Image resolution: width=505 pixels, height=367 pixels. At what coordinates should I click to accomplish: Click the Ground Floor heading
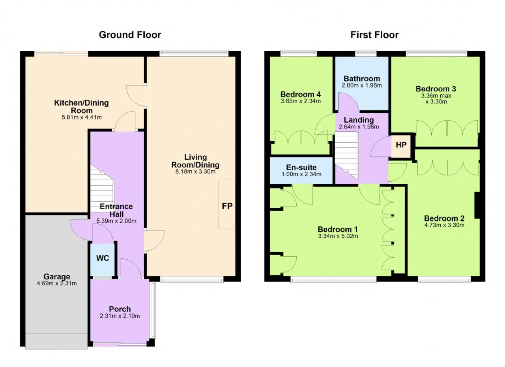[x=130, y=35]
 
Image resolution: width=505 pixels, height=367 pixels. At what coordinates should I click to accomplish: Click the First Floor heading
[x=374, y=35]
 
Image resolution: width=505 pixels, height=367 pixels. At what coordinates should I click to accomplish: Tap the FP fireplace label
[x=227, y=206]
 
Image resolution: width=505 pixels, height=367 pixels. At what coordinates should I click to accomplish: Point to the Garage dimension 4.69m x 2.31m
[x=57, y=283]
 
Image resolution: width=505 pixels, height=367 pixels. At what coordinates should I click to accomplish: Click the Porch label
[x=120, y=309]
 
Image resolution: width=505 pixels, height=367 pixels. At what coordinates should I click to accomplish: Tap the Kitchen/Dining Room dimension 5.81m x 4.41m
[x=82, y=117]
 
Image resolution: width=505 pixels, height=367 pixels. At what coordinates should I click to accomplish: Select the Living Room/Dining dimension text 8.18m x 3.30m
[x=195, y=171]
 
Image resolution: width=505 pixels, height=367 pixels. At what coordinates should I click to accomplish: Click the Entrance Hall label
[x=116, y=210]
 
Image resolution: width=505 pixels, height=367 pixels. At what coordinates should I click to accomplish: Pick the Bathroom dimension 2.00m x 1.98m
[x=362, y=86]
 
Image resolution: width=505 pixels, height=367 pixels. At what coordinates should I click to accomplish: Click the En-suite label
[x=301, y=168]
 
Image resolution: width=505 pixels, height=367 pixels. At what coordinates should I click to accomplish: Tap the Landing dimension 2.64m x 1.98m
[x=359, y=127]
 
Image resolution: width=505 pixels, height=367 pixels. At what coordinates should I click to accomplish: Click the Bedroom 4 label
[x=301, y=94]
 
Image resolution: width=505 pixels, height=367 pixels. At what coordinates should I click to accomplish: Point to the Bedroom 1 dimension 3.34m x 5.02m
[x=338, y=236]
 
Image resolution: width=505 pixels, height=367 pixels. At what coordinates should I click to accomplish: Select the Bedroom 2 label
[x=444, y=218]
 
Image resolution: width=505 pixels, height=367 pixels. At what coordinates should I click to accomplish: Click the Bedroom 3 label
[x=436, y=89]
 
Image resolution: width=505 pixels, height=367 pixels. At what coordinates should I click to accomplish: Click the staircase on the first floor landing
[x=346, y=155]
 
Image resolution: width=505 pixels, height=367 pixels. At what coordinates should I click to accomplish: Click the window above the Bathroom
[x=366, y=54]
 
